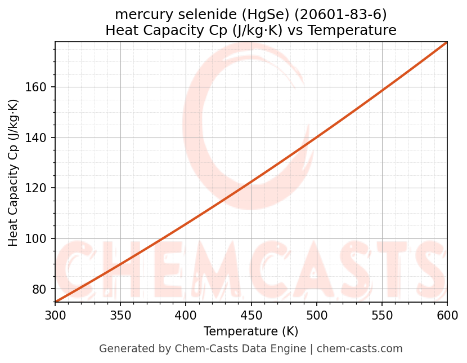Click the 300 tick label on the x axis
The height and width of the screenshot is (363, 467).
(x=55, y=315)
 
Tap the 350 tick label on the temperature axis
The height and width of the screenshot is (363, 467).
(x=120, y=315)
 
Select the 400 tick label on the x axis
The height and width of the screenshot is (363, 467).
(x=186, y=315)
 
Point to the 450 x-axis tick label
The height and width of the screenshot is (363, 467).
(x=251, y=315)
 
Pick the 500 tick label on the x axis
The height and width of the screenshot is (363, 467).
(x=317, y=315)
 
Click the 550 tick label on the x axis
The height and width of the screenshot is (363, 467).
(x=382, y=315)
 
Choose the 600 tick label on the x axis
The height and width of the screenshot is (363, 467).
(x=447, y=315)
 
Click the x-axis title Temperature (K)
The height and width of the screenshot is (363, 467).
(x=251, y=331)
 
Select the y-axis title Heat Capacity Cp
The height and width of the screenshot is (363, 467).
(x=14, y=172)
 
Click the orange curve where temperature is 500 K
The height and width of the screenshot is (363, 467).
(x=317, y=137)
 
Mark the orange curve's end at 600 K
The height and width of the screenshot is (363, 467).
(x=447, y=42)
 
